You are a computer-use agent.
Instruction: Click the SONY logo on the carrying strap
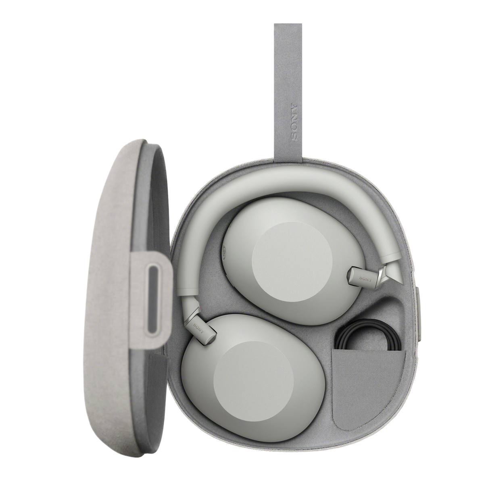(x=294, y=121)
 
